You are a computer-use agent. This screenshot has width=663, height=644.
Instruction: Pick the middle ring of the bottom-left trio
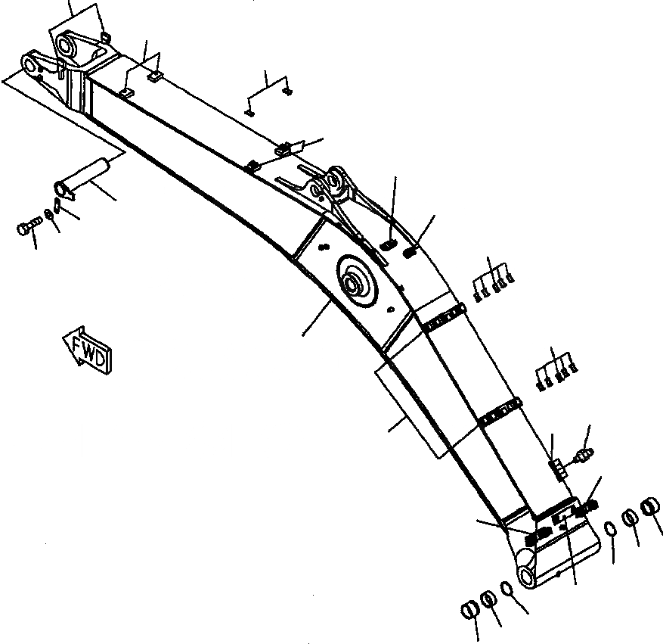(489, 599)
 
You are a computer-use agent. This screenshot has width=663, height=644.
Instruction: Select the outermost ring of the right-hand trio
(651, 506)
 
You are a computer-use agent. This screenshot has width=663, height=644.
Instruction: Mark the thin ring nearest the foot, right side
(610, 529)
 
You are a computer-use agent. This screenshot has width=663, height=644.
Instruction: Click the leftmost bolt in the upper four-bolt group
(477, 295)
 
